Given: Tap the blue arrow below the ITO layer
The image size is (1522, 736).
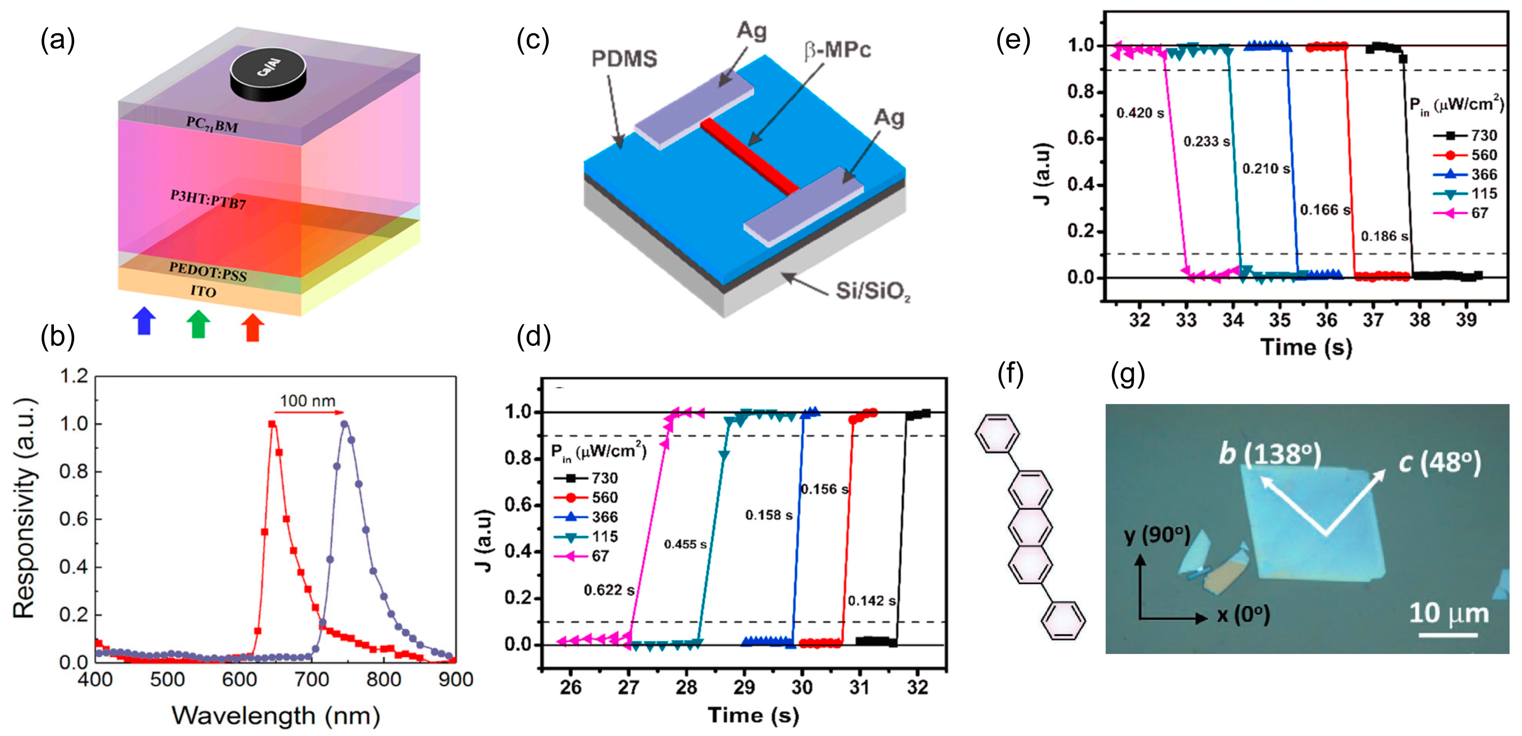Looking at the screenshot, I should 144,321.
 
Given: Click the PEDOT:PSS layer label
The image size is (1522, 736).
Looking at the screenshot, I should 208,272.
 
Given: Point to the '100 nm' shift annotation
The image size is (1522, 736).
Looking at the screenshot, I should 307,401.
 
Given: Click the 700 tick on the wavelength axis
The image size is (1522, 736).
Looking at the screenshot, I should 312,679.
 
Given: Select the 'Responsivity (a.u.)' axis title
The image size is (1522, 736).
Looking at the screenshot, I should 25,508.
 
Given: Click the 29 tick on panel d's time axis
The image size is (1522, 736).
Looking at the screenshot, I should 744,687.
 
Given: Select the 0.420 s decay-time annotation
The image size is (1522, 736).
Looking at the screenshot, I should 1140,113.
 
